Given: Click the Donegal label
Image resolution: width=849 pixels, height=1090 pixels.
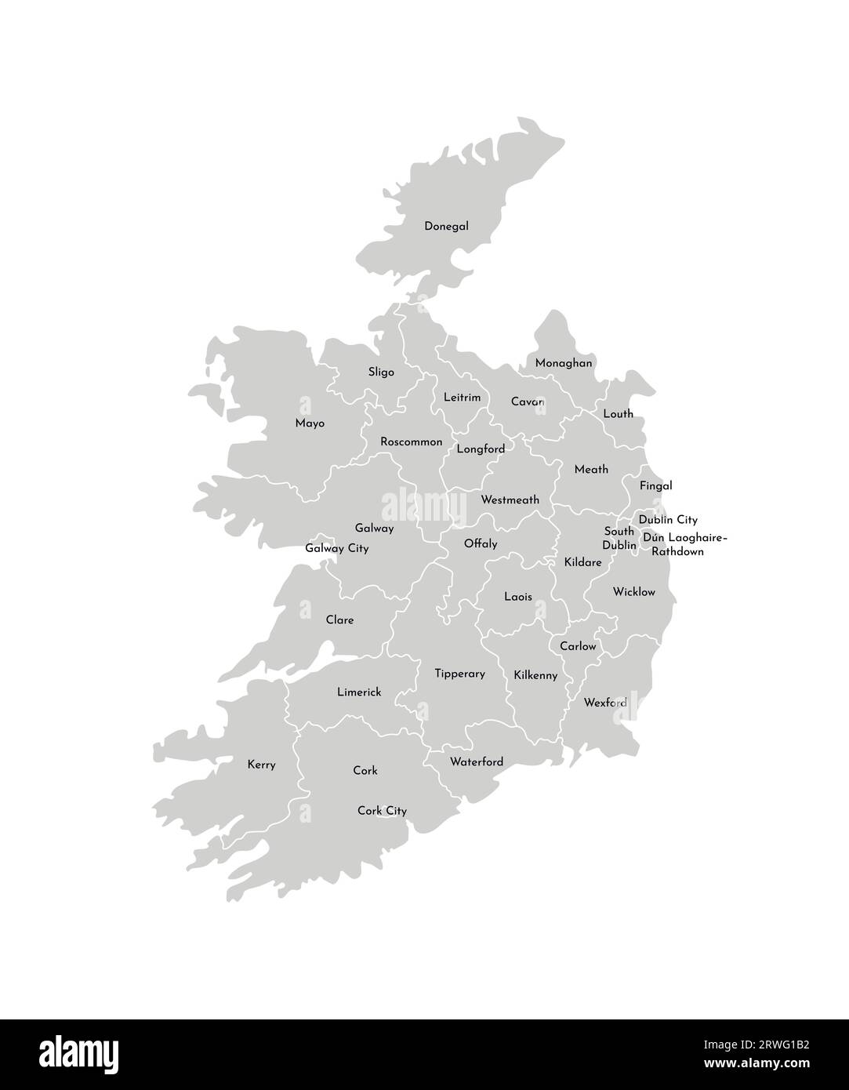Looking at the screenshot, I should pyautogui.click(x=446, y=227).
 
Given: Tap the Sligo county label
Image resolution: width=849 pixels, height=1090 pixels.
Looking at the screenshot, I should pyautogui.click(x=381, y=372).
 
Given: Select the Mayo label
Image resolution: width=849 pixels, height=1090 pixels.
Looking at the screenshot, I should pyautogui.click(x=310, y=423).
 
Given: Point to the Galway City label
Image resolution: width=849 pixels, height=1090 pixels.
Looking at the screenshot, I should pyautogui.click(x=336, y=549).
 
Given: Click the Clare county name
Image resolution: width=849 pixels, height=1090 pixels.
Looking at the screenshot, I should pyautogui.click(x=339, y=620).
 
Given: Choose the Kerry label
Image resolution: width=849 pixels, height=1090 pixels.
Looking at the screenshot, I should pyautogui.click(x=261, y=765).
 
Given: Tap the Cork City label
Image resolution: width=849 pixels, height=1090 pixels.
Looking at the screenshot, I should pyautogui.click(x=382, y=811).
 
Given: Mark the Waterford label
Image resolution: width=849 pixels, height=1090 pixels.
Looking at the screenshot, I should pyautogui.click(x=477, y=762).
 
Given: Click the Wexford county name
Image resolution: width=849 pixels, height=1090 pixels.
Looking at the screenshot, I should pyautogui.click(x=605, y=703).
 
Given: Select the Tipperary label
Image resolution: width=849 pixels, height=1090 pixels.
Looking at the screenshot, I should pyautogui.click(x=459, y=674).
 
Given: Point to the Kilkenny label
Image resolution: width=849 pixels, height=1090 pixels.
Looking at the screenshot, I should pyautogui.click(x=535, y=675).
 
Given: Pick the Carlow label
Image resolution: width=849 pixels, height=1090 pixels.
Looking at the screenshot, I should pyautogui.click(x=578, y=647).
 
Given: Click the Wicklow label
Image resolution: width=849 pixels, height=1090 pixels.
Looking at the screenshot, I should pyautogui.click(x=633, y=592).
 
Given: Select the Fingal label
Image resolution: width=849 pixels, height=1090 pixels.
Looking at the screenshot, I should pyautogui.click(x=655, y=486).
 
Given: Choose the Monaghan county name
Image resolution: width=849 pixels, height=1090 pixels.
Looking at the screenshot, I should pyautogui.click(x=564, y=364).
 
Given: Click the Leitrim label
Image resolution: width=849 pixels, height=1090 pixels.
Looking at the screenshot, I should pyautogui.click(x=462, y=398).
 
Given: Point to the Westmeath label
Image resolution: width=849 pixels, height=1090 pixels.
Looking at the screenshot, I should pyautogui.click(x=510, y=500).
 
